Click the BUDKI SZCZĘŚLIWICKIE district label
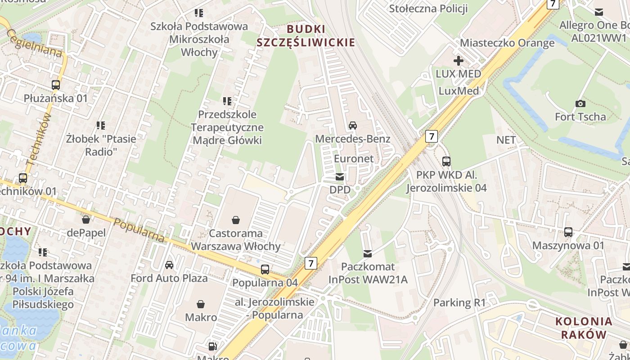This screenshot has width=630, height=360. (306, 36)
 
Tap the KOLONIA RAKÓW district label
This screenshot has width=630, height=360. (584, 328)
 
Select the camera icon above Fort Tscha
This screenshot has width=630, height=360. (580, 104)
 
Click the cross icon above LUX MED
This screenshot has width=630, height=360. (459, 60)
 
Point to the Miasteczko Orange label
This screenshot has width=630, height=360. (507, 43)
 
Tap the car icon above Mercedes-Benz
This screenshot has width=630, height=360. (353, 126)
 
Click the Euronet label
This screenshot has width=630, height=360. (354, 159)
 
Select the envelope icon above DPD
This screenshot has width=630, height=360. (340, 177)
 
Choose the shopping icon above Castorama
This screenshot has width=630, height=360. (235, 220)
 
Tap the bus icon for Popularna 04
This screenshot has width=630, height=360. (265, 270)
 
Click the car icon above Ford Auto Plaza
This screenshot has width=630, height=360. (169, 265)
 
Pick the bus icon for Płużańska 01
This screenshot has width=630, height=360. (56, 85)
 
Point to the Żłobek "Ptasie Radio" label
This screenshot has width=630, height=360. (101, 145)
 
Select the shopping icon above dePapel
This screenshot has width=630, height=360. (86, 220)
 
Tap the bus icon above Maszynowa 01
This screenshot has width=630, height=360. (568, 232)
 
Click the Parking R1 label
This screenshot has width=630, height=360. (459, 303)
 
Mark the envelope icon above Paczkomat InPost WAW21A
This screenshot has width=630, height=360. (368, 254)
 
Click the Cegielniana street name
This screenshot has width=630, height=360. (35, 44)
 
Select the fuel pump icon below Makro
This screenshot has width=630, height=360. (212, 346)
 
